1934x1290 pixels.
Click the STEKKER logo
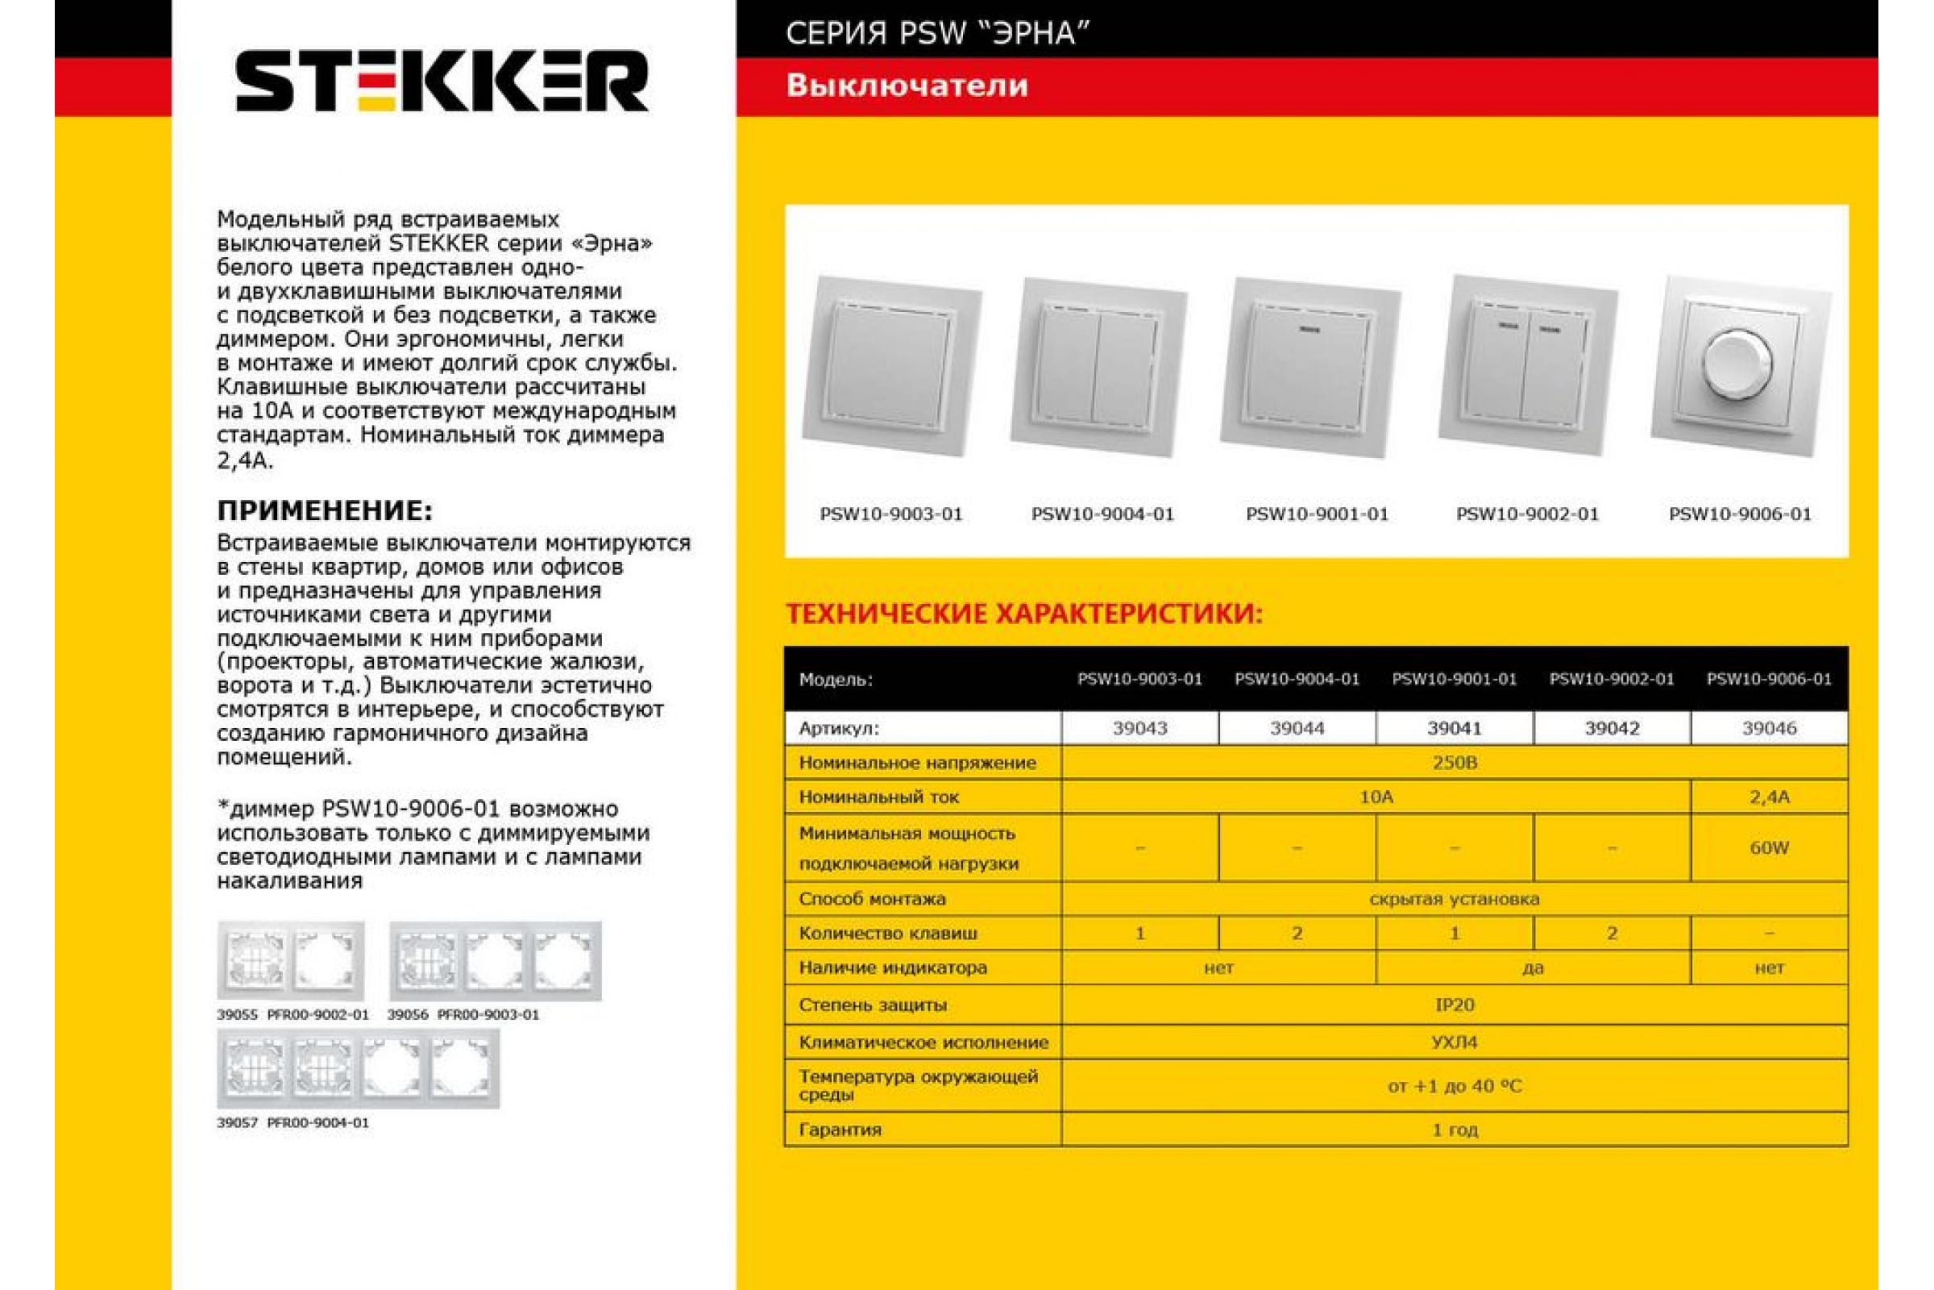coord(442,81)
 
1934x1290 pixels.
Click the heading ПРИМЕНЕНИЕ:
coord(325,511)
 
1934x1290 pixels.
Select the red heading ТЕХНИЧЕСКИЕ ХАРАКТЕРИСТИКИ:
coord(1023,614)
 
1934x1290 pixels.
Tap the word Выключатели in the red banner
coord(907,86)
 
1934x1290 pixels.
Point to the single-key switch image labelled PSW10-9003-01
coord(892,365)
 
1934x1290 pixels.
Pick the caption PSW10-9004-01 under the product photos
coord(1102,514)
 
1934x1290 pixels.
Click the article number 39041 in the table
coord(1454,728)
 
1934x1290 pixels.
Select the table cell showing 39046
coord(1769,728)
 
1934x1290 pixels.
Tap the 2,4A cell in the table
coord(1769,797)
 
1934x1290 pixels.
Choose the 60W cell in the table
coord(1769,847)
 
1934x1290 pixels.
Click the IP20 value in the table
coord(1454,1005)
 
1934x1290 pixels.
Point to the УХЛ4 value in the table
coord(1454,1042)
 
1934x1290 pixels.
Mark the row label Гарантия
coord(840,1130)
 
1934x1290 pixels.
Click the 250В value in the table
coord(1454,763)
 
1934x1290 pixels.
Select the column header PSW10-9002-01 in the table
coord(1611,679)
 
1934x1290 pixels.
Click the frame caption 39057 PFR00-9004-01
coord(293,1123)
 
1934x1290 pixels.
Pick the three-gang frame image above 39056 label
coord(495,961)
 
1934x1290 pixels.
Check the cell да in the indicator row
coord(1533,967)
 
